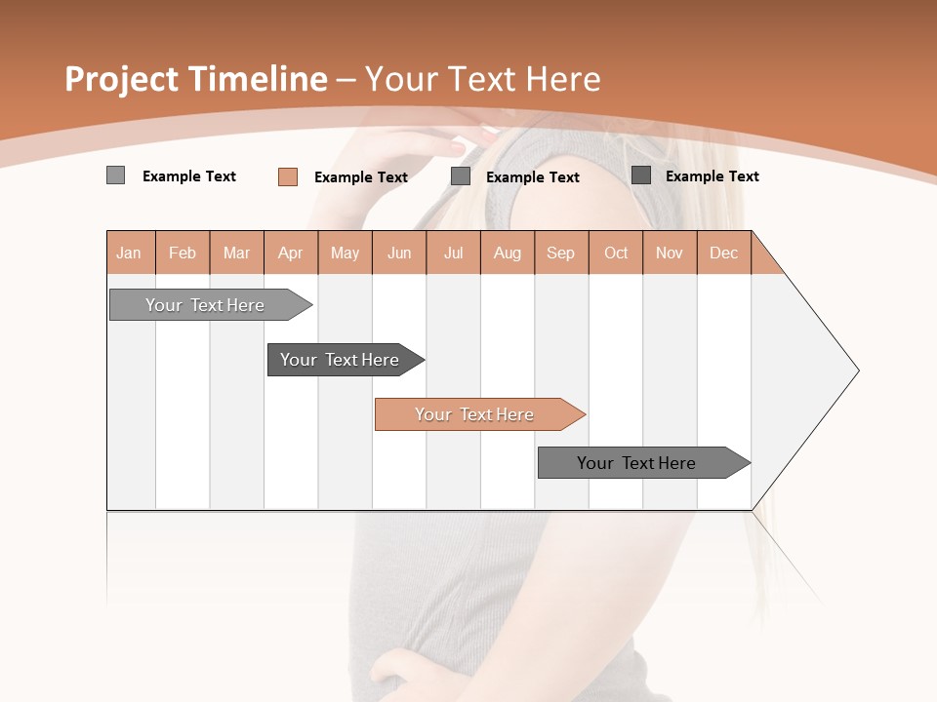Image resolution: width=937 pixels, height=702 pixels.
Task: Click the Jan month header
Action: [129, 253]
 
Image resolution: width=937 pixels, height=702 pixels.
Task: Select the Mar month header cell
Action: [236, 253]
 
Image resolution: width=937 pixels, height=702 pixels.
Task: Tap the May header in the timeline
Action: [345, 253]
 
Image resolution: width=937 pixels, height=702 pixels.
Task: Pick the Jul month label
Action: [453, 253]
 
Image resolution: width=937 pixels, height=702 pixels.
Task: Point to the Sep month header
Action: [560, 253]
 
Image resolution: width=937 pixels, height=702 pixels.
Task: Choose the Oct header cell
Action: [616, 253]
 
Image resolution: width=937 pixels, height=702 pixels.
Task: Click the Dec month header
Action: [723, 253]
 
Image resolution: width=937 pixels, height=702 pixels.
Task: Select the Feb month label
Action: [183, 253]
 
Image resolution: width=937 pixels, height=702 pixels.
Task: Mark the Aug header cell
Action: [507, 253]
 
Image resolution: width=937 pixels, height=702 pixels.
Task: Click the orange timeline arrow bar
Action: [478, 414]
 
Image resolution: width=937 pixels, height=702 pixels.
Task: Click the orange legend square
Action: [288, 176]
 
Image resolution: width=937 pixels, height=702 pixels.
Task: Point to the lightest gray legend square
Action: [115, 175]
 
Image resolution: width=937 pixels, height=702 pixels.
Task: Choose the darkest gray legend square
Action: [641, 175]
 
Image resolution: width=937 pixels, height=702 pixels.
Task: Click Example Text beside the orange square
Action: [361, 177]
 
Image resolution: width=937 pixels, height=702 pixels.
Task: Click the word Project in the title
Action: [121, 79]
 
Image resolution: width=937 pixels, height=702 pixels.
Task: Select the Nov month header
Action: [670, 253]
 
